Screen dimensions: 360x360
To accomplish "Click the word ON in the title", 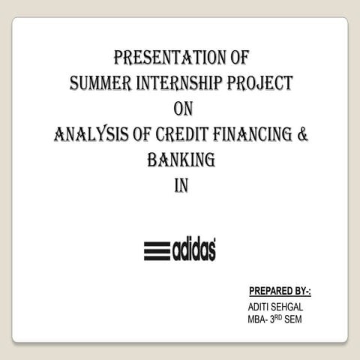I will tap(183, 109).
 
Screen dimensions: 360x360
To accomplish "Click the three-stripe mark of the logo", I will tap(157, 250).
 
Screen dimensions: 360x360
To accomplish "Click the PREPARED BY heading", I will tap(279, 291).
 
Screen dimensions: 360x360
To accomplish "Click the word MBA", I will tap(257, 320).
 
